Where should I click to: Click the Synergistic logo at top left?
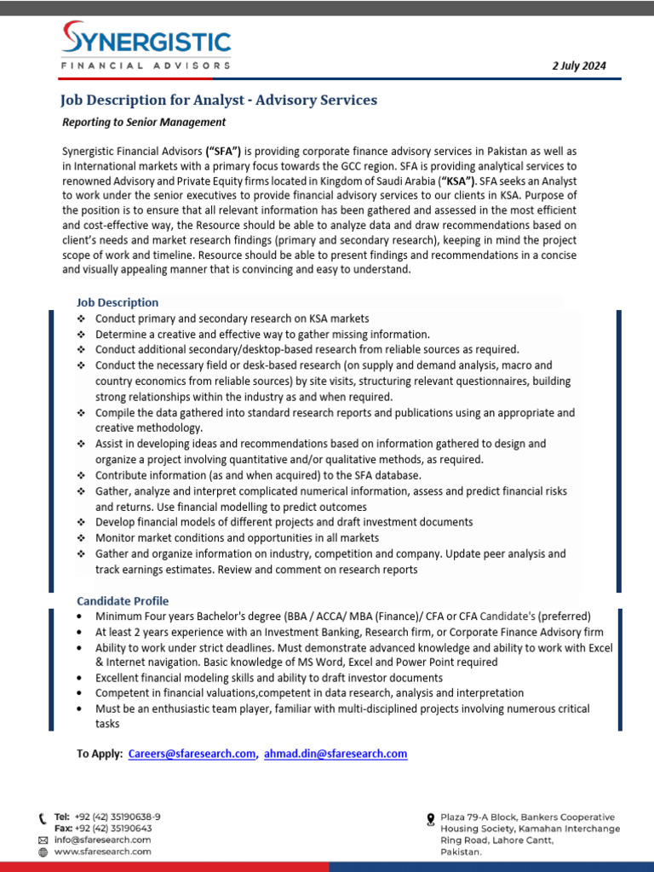146,48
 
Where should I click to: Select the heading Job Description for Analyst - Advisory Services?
218,100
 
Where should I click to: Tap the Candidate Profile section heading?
123,600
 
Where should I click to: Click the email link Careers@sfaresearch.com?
192,754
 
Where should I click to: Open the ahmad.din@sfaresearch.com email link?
336,754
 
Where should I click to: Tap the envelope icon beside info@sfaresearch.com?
43,840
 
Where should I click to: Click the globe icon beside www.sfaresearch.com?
43,851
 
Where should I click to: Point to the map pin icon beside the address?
430,819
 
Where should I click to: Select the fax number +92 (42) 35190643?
113,829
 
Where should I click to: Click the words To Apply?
100,754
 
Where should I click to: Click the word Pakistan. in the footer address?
461,851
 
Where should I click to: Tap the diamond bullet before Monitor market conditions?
81,538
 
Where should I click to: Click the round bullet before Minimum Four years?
80,617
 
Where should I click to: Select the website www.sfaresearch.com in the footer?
103,851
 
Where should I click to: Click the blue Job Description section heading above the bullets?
118,302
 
